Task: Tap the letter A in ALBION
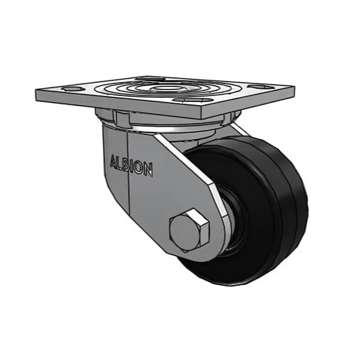tap(113, 161)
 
